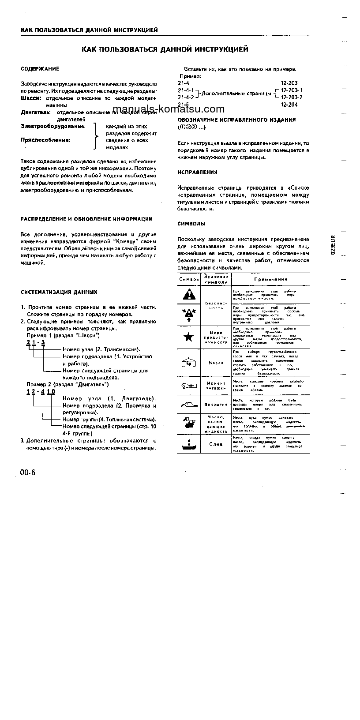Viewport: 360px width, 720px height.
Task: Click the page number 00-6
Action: pyautogui.click(x=27, y=472)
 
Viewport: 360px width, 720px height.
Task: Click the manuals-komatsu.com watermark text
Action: pyautogui.click(x=169, y=109)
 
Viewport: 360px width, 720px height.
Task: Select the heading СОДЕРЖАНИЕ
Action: pyautogui.click(x=40, y=69)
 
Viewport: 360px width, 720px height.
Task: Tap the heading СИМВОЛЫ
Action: pyautogui.click(x=191, y=224)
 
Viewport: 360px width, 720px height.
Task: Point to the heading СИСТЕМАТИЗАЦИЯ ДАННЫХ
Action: pyautogui.click(x=59, y=292)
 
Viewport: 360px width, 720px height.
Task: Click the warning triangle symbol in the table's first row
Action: pyautogui.click(x=189, y=293)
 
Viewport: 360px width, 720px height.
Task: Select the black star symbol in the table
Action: pyautogui.click(x=188, y=337)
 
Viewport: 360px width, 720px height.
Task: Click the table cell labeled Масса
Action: pyautogui.click(x=216, y=363)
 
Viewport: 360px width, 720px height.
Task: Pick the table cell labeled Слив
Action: pyautogui.click(x=216, y=444)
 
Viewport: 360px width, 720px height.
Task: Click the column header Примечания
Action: pyautogui.click(x=270, y=279)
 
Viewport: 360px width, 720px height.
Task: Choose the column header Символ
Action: pyautogui.click(x=189, y=279)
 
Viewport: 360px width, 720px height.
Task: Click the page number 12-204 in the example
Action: pyautogui.click(x=289, y=105)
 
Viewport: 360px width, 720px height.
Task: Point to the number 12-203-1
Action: pyautogui.click(x=292, y=90)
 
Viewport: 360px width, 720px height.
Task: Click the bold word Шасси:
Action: pyautogui.click(x=31, y=98)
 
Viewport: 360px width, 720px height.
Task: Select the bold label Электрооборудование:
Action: pyautogui.click(x=53, y=126)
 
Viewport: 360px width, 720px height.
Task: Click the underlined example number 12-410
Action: pyautogui.click(x=41, y=391)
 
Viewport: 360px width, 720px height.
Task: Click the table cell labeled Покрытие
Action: pyautogui.click(x=216, y=404)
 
